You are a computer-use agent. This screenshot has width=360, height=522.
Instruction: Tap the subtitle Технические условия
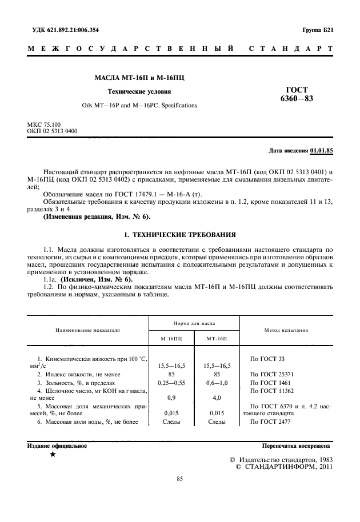pos(139,91)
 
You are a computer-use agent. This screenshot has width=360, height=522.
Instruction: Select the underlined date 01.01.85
pos(321,151)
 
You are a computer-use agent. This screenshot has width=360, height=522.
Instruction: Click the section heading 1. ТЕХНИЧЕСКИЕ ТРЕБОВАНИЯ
pos(179,235)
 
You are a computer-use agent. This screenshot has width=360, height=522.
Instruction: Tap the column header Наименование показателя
pos(87,330)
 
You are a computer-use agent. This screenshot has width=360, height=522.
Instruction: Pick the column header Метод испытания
pos(286,330)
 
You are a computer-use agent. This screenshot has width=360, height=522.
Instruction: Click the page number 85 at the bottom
pos(179,479)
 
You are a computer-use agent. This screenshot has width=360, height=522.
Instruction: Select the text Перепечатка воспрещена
pos(295,445)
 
